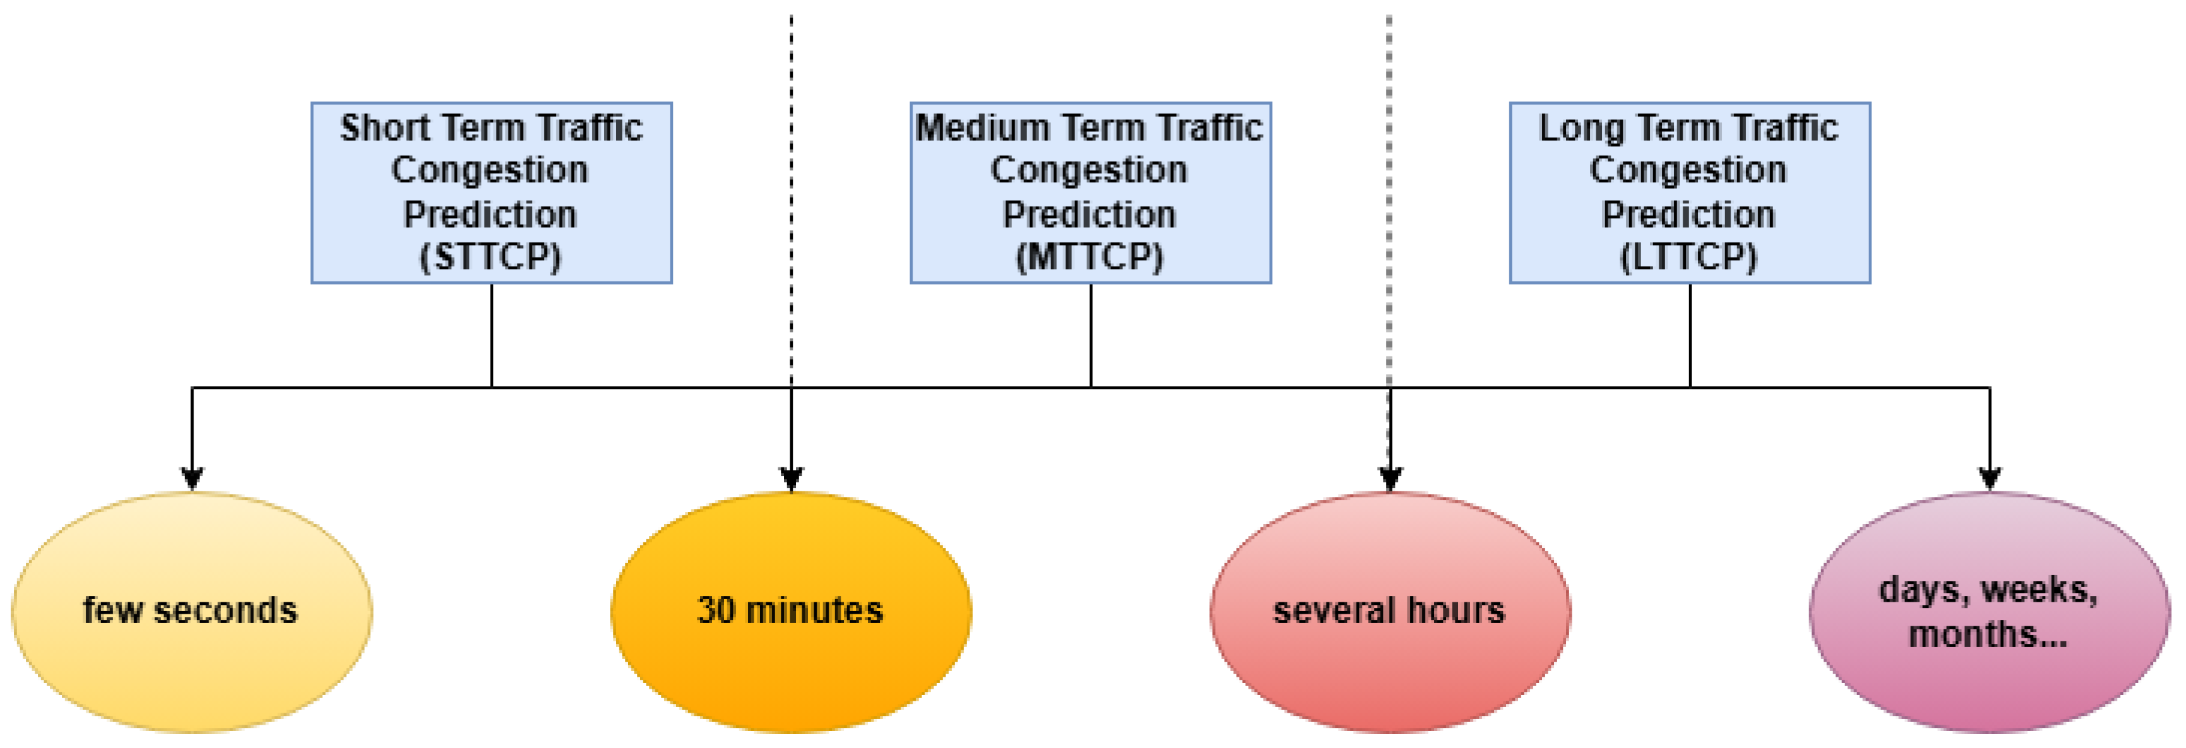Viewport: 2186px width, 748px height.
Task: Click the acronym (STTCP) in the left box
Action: coord(491,257)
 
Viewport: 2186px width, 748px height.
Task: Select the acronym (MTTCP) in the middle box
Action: coord(1090,257)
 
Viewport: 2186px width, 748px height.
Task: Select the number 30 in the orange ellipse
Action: coord(715,611)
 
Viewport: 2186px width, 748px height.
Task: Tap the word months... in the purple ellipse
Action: coord(1987,634)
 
